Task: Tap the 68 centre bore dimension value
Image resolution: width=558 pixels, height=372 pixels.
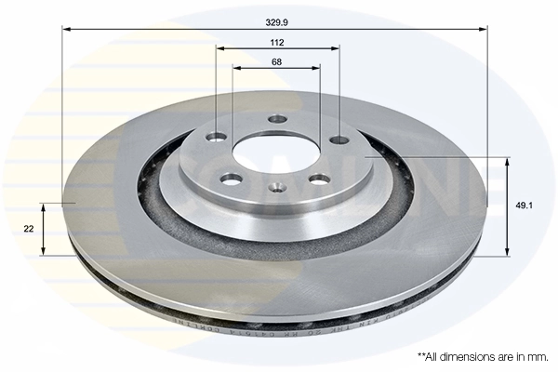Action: click(276, 61)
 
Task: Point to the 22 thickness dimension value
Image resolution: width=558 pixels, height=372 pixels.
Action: click(29, 227)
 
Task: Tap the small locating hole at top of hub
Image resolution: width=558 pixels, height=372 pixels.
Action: click(276, 119)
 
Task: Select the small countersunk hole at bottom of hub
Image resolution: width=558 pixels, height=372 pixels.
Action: click(275, 188)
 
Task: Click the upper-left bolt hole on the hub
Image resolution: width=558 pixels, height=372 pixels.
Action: click(217, 138)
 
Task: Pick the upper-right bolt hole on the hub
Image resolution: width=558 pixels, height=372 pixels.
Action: click(339, 139)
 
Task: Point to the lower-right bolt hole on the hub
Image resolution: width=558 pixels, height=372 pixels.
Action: click(319, 179)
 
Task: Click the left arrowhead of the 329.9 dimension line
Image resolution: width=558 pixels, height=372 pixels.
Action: click(67, 28)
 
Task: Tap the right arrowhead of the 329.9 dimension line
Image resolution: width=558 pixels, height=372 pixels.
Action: click(483, 28)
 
